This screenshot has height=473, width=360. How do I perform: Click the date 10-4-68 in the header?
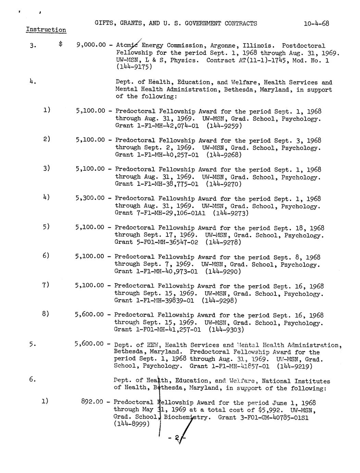tap(316, 24)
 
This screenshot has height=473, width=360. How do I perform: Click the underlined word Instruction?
tap(46, 30)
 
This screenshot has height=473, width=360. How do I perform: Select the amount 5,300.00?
tap(90, 198)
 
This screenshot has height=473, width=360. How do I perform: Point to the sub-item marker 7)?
tap(46, 285)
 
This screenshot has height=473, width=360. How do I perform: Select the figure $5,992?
tap(275, 410)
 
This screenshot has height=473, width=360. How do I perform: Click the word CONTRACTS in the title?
tap(240, 24)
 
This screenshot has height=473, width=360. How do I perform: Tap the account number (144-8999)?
tap(132, 424)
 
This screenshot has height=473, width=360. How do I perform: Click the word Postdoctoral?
tap(303, 46)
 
